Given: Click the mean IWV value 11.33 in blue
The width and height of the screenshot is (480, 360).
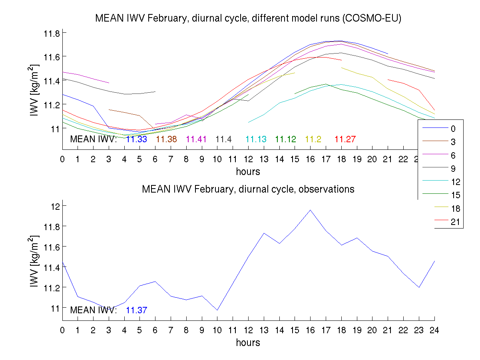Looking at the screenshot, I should (136, 139).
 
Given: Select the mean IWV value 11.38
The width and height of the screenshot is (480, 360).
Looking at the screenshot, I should (166, 139).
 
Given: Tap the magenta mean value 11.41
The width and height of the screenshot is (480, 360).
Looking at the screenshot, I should (196, 139).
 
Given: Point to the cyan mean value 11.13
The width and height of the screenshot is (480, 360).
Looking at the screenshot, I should (256, 139).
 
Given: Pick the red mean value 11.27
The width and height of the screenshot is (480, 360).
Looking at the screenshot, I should (345, 139).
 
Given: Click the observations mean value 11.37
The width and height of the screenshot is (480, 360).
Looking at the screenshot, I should (136, 310).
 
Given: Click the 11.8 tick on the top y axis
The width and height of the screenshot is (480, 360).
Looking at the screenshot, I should (52, 33).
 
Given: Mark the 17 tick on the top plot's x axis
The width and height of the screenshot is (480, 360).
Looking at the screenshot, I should (326, 159).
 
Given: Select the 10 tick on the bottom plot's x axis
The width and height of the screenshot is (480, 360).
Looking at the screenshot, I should (217, 330).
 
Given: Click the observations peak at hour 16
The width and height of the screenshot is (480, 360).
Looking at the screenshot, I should (311, 210).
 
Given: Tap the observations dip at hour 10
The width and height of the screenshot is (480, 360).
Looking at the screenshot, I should (217, 310).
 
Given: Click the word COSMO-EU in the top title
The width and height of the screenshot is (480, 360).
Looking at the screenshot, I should (376, 18).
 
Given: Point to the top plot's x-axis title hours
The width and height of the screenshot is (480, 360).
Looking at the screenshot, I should (248, 172).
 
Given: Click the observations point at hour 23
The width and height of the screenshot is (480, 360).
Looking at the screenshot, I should (419, 287).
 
